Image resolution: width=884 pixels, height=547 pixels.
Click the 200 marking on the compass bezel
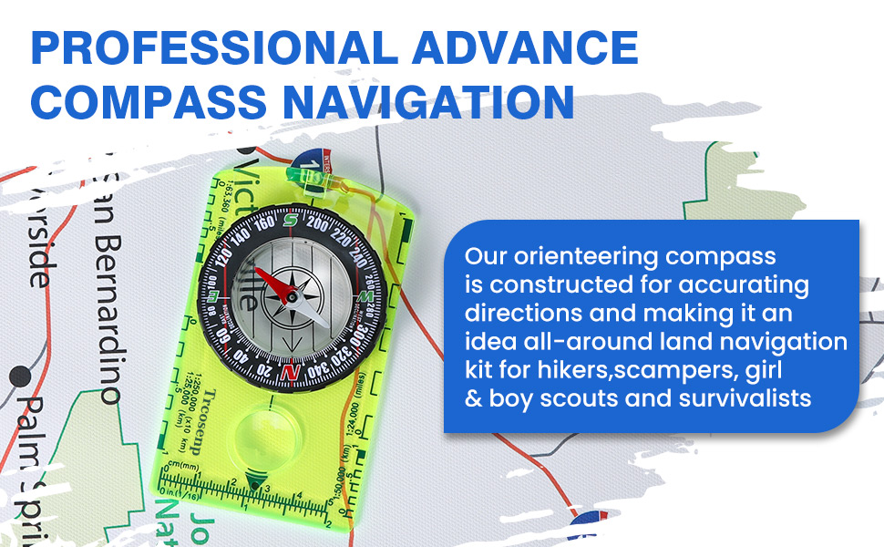pyautogui.click(x=318, y=222)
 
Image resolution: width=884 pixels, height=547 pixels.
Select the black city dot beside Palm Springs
pyautogui.click(x=27, y=376)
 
